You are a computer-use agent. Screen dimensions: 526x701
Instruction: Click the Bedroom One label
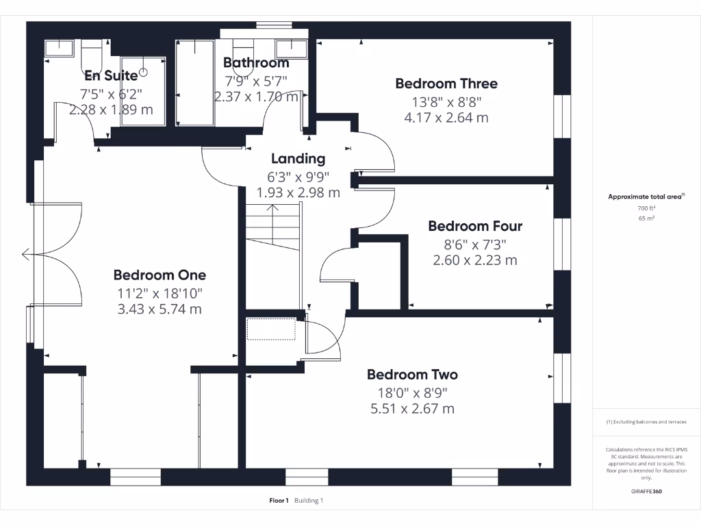point(160,275)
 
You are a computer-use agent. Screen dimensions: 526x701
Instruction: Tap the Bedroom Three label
point(446,84)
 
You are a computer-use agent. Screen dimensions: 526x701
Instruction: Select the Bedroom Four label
point(475,226)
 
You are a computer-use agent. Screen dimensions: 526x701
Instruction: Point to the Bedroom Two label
point(412,375)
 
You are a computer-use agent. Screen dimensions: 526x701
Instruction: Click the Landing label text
point(298,158)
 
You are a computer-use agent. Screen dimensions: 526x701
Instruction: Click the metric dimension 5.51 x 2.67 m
point(412,409)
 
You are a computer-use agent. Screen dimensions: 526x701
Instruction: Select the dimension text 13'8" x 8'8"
point(446,101)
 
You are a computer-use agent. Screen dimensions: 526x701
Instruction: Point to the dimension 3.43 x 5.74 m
point(160,309)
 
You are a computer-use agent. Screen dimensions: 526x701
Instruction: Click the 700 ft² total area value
point(646,208)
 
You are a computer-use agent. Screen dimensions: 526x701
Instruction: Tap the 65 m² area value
point(646,218)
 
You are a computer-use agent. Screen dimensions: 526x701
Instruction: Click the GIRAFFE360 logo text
point(646,491)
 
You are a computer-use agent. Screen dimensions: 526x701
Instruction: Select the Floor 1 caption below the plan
point(279,501)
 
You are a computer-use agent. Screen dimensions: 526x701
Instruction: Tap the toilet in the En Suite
point(91,53)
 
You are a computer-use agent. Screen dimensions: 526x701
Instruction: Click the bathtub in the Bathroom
point(195,82)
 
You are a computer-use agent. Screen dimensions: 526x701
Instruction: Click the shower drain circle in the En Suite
point(144,71)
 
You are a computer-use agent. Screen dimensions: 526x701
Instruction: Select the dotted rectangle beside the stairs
point(270,329)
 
